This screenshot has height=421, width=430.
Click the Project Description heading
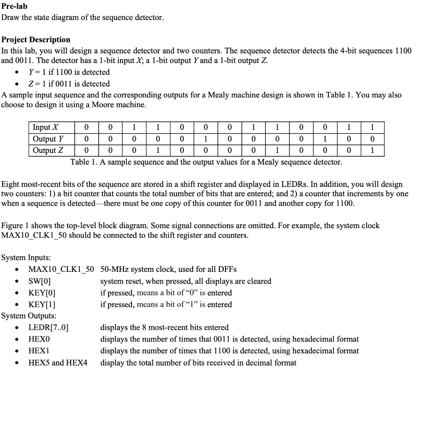tap(36, 39)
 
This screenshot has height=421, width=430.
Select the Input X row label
tap(46, 127)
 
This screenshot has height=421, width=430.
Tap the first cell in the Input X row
tap(86, 127)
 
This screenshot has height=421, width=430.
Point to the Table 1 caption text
tap(206, 162)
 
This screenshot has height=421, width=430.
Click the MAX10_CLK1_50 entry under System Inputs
tap(61, 269)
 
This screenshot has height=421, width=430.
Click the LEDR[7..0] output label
tap(48, 327)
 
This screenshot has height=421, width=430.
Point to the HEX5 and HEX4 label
tap(58, 363)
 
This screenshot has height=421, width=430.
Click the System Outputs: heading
tap(29, 316)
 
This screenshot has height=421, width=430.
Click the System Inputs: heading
tap(26, 258)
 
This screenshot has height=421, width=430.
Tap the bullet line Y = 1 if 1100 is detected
tap(69, 72)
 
